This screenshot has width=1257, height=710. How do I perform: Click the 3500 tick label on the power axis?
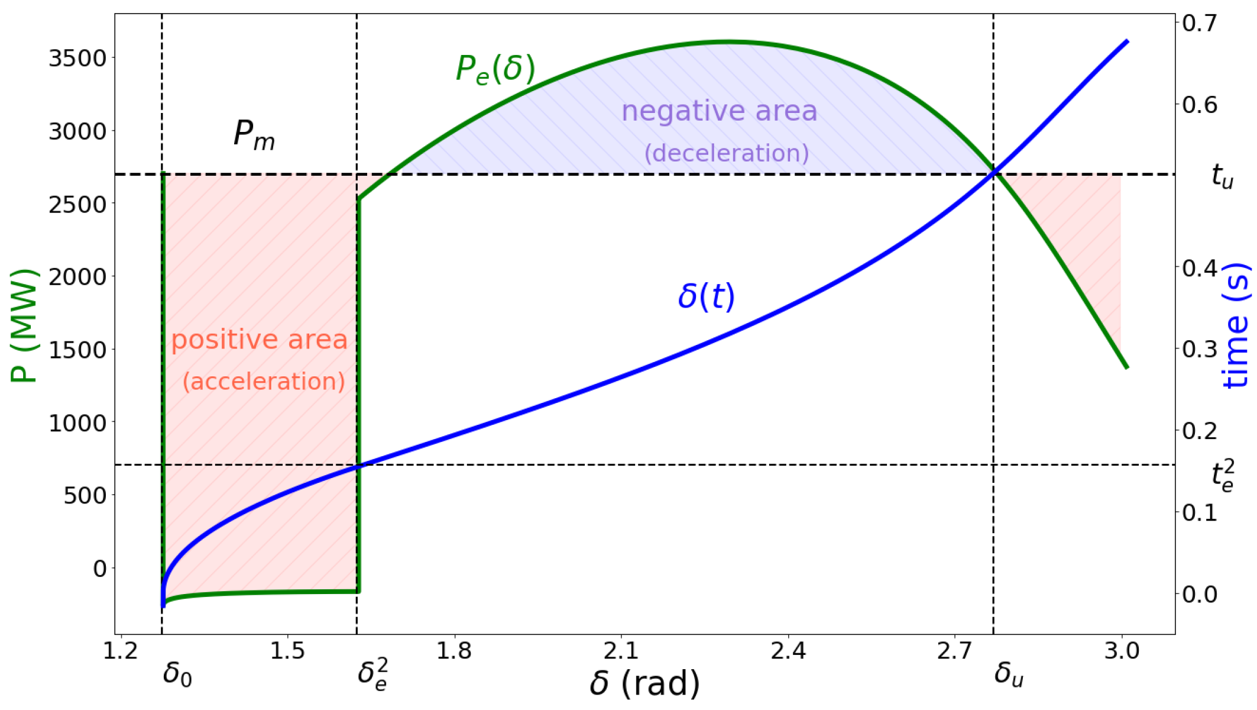click(77, 59)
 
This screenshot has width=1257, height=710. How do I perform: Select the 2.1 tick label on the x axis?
click(621, 651)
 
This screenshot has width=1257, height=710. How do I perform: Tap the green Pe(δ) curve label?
click(495, 69)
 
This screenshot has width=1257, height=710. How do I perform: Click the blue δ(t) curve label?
click(706, 296)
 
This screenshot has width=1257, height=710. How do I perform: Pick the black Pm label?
click(254, 135)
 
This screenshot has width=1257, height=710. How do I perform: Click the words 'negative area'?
click(719, 111)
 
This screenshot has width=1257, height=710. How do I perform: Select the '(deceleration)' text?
click(726, 153)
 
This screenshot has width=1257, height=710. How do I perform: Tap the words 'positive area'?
click(259, 340)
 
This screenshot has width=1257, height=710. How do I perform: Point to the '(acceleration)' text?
click(264, 382)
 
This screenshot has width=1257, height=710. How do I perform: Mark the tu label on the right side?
click(1222, 176)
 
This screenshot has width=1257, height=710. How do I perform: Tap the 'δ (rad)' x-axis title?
click(644, 684)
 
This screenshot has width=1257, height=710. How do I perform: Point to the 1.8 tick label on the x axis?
click(454, 651)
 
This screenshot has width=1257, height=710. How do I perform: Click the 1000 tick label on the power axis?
click(77, 423)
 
